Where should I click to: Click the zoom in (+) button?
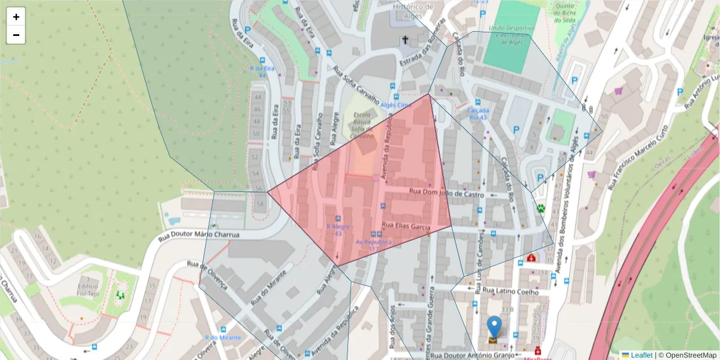pos(16,17)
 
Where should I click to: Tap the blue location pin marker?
pos(494,328)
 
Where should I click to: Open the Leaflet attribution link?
pos(641,355)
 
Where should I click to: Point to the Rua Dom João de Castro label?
pos(446,193)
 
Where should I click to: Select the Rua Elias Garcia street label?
pos(406,227)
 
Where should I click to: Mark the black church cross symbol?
pos(405,40)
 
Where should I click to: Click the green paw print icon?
pos(541,208)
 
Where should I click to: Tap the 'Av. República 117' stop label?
pos(373,245)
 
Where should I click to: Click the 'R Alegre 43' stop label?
pos(338,230)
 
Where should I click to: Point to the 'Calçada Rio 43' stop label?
pos(478,114)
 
